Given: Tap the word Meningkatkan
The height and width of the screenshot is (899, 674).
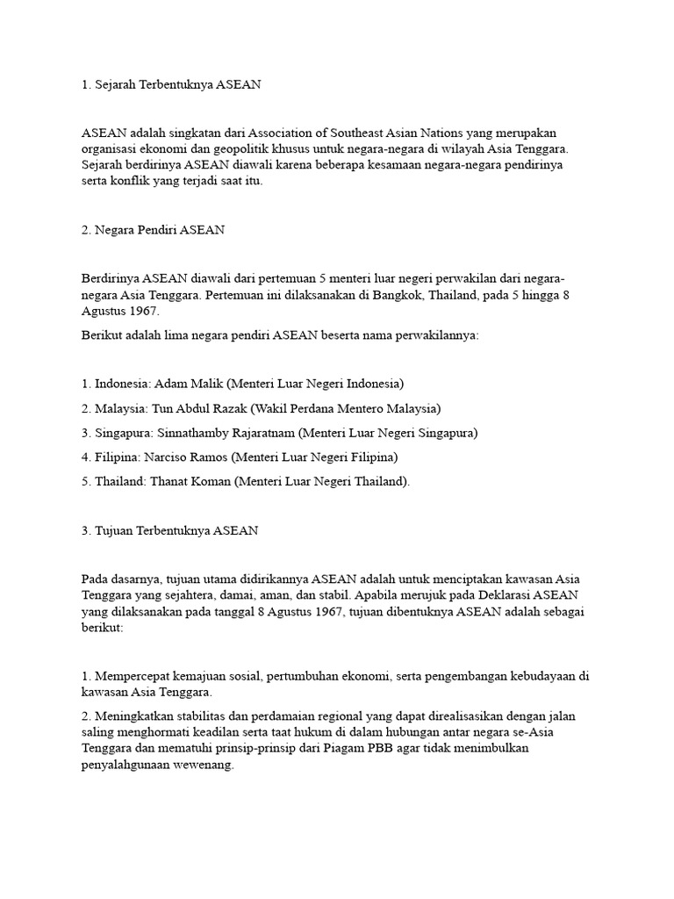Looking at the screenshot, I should [x=133, y=716].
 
